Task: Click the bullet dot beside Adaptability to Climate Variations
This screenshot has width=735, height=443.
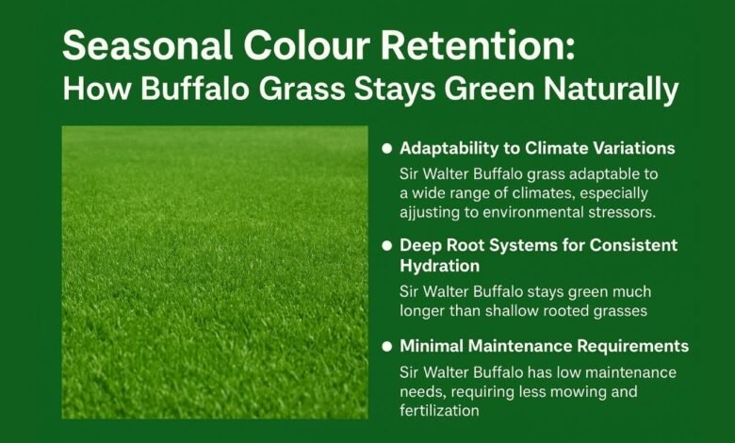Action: pyautogui.click(x=386, y=149)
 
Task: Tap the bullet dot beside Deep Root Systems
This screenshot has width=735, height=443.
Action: pyautogui.click(x=386, y=246)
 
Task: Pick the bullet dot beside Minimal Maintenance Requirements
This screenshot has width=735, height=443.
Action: pyautogui.click(x=386, y=347)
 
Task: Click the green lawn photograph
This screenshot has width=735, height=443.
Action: pyautogui.click(x=215, y=271)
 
